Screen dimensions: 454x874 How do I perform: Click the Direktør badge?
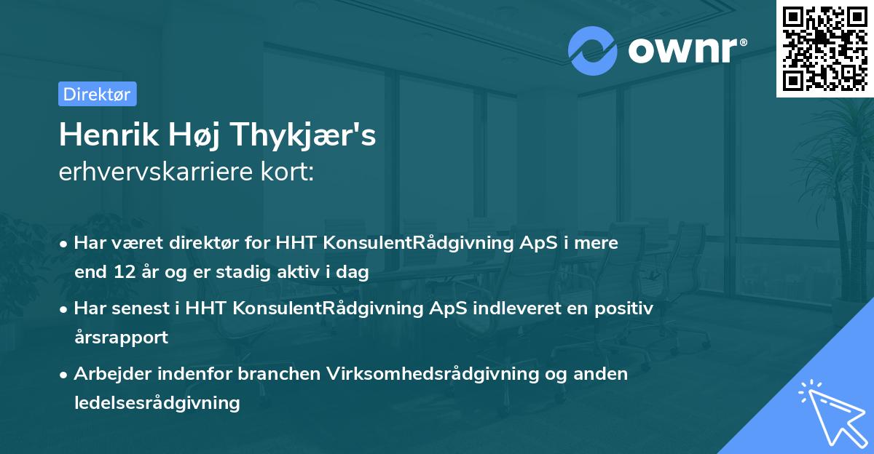(97, 94)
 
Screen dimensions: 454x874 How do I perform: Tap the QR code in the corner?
(825, 48)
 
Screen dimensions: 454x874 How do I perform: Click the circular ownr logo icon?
(593, 51)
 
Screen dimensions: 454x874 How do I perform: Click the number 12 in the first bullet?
(121, 273)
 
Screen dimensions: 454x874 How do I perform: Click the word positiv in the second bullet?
(626, 308)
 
